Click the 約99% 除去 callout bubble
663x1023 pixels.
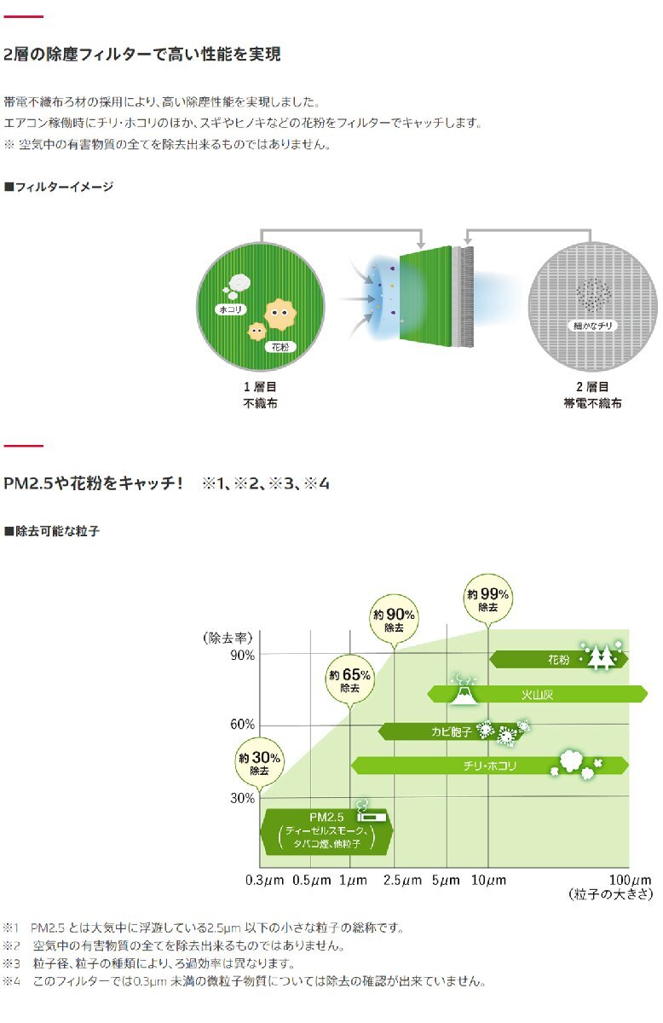[487, 600]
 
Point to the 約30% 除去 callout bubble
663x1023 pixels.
[259, 762]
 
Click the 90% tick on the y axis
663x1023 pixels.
[241, 655]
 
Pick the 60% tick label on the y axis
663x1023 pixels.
[241, 725]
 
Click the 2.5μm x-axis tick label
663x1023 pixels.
[402, 879]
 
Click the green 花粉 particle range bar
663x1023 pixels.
[558, 659]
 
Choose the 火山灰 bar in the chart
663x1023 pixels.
[537, 695]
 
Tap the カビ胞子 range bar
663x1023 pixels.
[452, 731]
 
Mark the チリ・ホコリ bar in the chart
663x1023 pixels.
[490, 766]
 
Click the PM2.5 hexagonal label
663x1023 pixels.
[326, 829]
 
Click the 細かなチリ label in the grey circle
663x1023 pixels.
[592, 326]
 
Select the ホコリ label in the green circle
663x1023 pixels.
[232, 309]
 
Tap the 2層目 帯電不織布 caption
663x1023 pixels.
[592, 395]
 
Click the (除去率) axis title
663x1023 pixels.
[228, 637]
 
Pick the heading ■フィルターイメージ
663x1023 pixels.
[59, 186]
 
